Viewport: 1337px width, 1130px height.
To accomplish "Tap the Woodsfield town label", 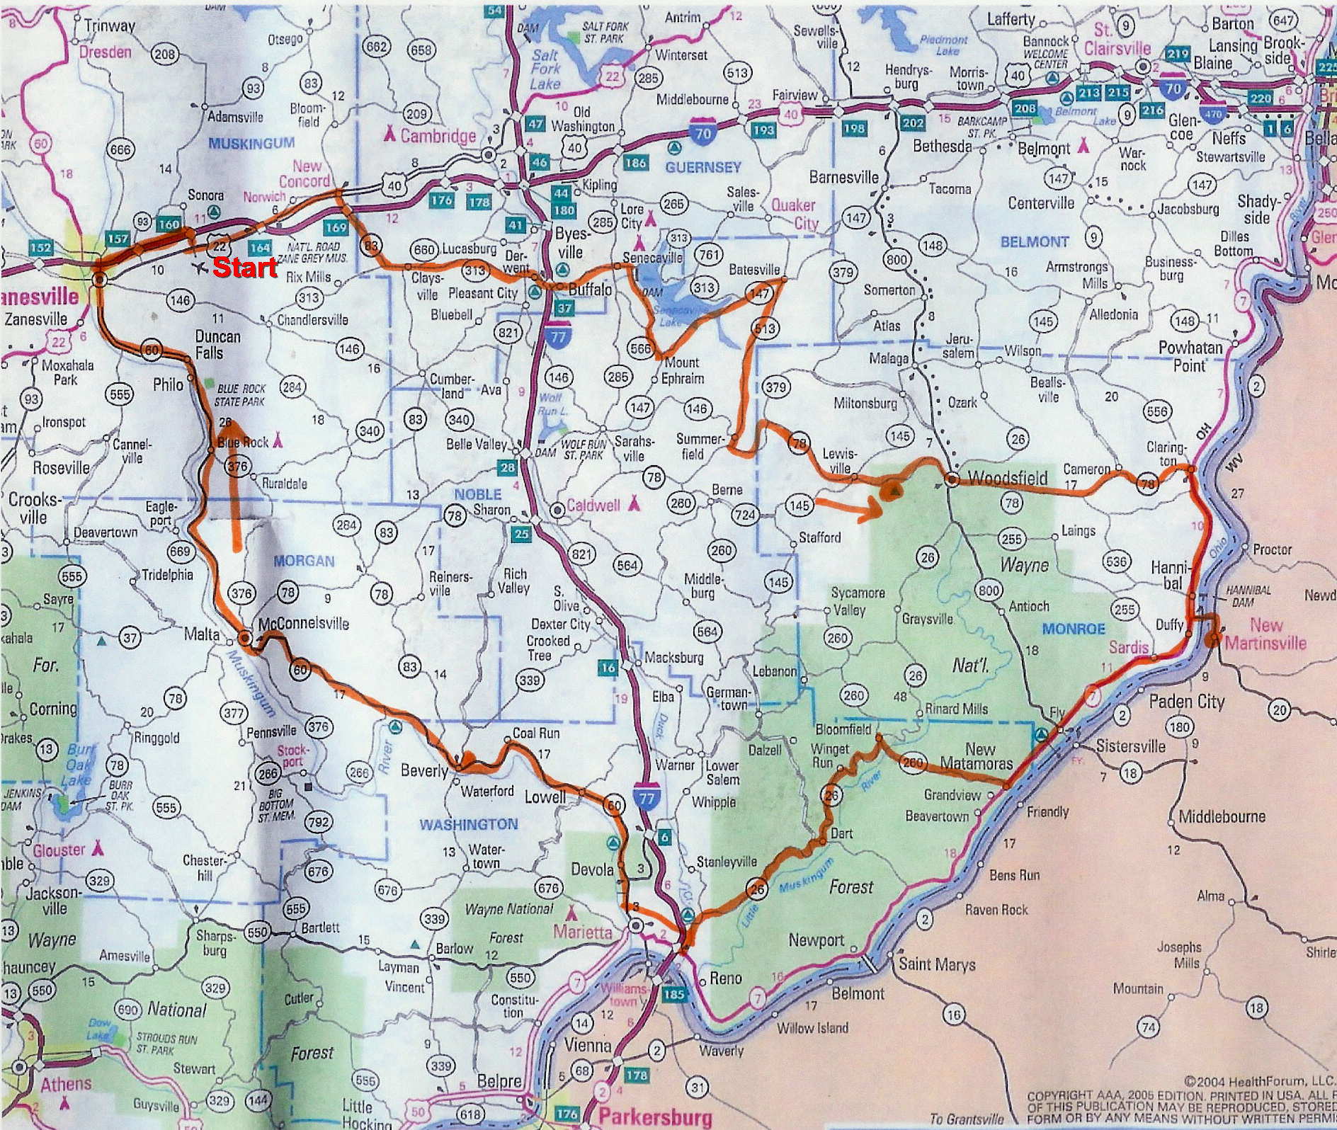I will pyautogui.click(x=1008, y=479).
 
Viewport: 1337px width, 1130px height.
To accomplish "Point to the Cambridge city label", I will pyautogui.click(x=438, y=136).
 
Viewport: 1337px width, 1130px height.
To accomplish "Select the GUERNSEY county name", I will pyautogui.click(x=702, y=167).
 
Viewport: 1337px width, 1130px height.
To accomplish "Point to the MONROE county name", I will pyautogui.click(x=1074, y=628).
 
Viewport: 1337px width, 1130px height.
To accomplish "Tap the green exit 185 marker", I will pyautogui.click(x=673, y=994).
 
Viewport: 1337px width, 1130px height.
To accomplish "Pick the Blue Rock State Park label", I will pyautogui.click(x=241, y=395).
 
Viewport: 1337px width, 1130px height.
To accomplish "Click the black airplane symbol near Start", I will pyautogui.click(x=200, y=268).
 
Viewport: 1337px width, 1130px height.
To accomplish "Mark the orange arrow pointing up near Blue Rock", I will pyautogui.click(x=234, y=481).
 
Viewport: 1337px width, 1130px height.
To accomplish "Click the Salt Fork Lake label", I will pyautogui.click(x=546, y=69).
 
